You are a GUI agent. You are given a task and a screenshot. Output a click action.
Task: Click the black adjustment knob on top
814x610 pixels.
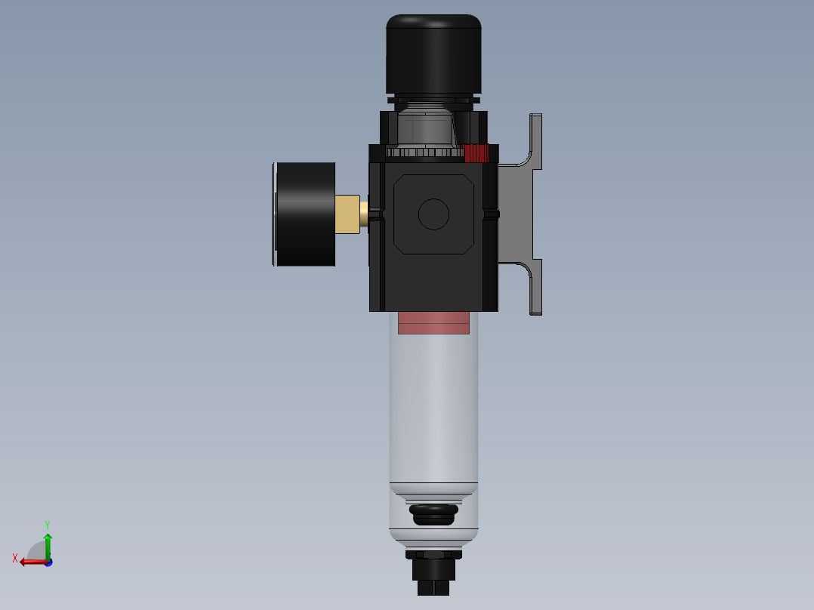(433, 54)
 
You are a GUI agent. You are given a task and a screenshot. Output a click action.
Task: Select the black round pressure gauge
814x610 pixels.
(306, 214)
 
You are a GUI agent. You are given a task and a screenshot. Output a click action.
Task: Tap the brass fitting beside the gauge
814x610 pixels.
(347, 214)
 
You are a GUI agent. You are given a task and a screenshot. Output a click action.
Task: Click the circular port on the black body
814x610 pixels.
(433, 214)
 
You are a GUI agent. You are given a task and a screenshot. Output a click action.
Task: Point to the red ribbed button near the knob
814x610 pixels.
(476, 152)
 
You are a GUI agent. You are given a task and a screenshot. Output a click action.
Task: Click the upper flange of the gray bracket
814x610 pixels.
(535, 140)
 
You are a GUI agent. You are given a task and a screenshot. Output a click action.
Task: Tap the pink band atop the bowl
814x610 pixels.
(433, 322)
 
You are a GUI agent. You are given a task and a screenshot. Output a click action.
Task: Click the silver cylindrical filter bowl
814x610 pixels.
(433, 408)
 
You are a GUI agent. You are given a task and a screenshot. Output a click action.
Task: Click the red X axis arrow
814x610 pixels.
(32, 562)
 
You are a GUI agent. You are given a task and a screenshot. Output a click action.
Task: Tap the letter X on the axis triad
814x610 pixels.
(15, 558)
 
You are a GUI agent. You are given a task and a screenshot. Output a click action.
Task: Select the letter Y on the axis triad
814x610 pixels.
(47, 524)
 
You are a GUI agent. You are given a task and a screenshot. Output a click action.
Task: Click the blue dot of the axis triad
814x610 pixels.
(48, 562)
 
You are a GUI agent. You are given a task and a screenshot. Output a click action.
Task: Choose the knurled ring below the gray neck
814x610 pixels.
(424, 152)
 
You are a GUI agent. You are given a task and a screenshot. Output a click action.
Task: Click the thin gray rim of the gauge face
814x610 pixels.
(273, 214)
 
